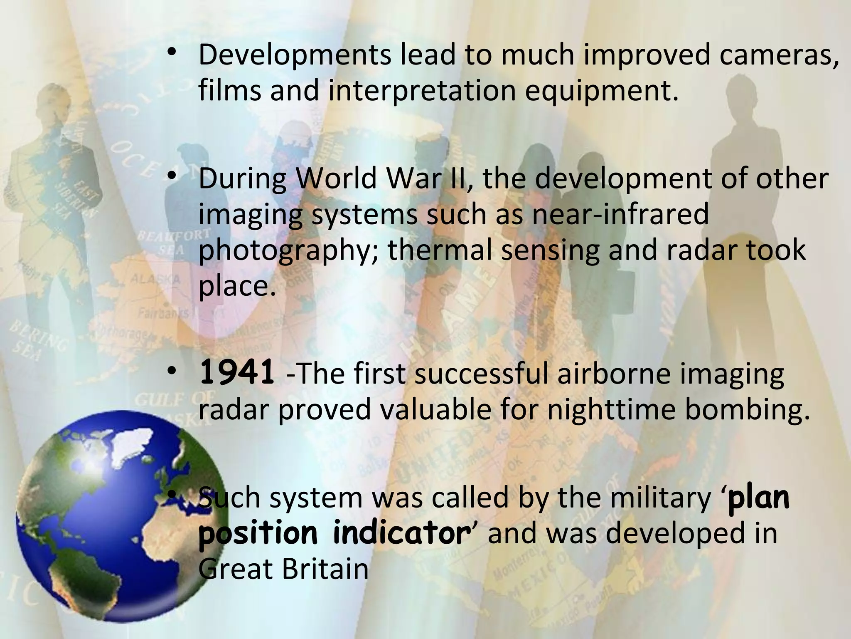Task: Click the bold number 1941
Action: [x=236, y=373]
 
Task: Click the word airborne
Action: [x=613, y=373]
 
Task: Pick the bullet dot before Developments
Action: [x=171, y=54]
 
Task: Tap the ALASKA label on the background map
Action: [x=155, y=278]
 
